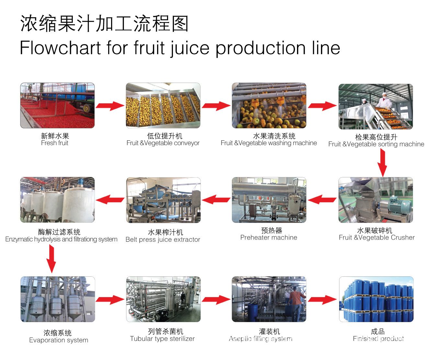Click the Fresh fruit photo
[57, 105]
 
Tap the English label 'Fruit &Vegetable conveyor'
[163, 143]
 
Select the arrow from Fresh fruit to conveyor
[110, 106]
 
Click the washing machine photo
[269, 105]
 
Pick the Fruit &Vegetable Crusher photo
[376, 200]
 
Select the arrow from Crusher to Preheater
[322, 199]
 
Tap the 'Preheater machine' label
[268, 238]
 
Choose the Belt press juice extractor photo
[163, 200]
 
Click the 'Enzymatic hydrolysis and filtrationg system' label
[61, 239]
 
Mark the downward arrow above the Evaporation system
[51, 259]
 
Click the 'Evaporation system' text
[59, 340]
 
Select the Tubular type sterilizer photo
[163, 299]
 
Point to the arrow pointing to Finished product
[322, 300]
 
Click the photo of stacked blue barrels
[376, 299]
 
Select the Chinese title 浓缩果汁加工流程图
[104, 24]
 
